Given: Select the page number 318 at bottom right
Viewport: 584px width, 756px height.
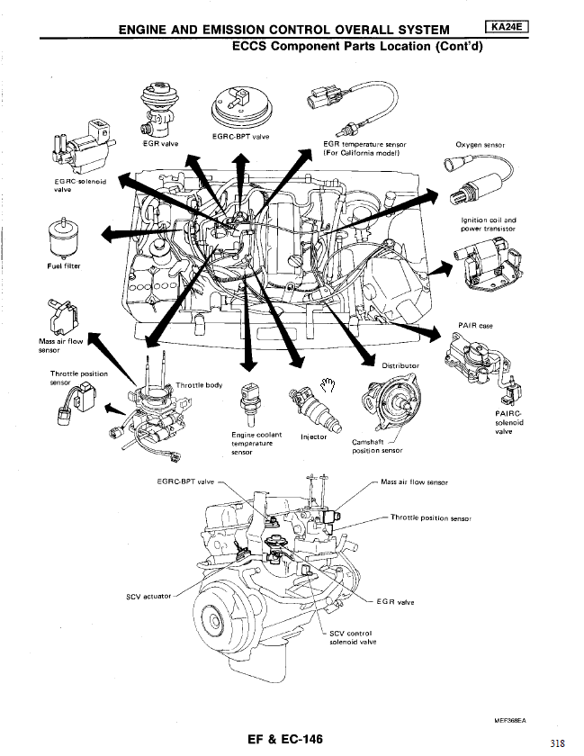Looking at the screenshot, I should (x=556, y=742).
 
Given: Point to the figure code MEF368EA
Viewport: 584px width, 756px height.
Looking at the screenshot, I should (x=509, y=721).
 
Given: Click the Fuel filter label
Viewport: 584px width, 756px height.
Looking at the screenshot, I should (x=50, y=265).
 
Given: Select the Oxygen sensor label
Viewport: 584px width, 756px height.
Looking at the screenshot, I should (x=481, y=144).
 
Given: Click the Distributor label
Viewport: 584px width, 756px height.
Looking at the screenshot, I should (x=401, y=365).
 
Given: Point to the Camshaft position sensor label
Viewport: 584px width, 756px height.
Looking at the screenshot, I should (x=376, y=446).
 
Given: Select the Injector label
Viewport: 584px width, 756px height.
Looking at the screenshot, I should (x=312, y=437).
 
